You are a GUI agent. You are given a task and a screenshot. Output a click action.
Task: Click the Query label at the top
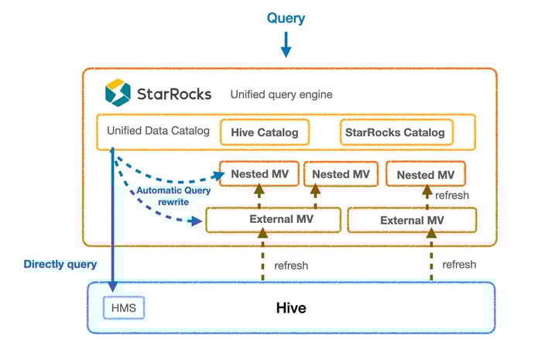coord(286,18)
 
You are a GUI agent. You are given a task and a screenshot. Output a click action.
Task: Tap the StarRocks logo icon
coord(118,93)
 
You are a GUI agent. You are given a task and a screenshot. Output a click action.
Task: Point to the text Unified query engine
coord(281,94)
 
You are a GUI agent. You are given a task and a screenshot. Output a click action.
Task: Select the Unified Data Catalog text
coord(158,131)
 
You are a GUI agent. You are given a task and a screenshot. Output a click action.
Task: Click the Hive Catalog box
coord(264,132)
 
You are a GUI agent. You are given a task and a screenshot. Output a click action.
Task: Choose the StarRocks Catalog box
coord(395,132)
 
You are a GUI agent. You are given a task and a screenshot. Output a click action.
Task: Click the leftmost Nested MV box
coord(259,174)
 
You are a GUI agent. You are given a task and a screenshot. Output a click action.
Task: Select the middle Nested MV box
coord(341,174)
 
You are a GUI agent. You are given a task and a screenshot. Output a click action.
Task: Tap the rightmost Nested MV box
coord(425,175)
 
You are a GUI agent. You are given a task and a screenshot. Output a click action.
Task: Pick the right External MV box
coord(412,221)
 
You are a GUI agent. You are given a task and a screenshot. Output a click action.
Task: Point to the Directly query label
coord(60,264)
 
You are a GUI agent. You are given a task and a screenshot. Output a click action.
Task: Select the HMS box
coord(124,308)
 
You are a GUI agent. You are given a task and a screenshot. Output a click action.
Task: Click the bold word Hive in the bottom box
coord(291,308)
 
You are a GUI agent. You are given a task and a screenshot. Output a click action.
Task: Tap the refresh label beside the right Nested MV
coord(451,196)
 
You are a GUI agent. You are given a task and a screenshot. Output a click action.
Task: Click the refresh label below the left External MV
coord(290,265)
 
